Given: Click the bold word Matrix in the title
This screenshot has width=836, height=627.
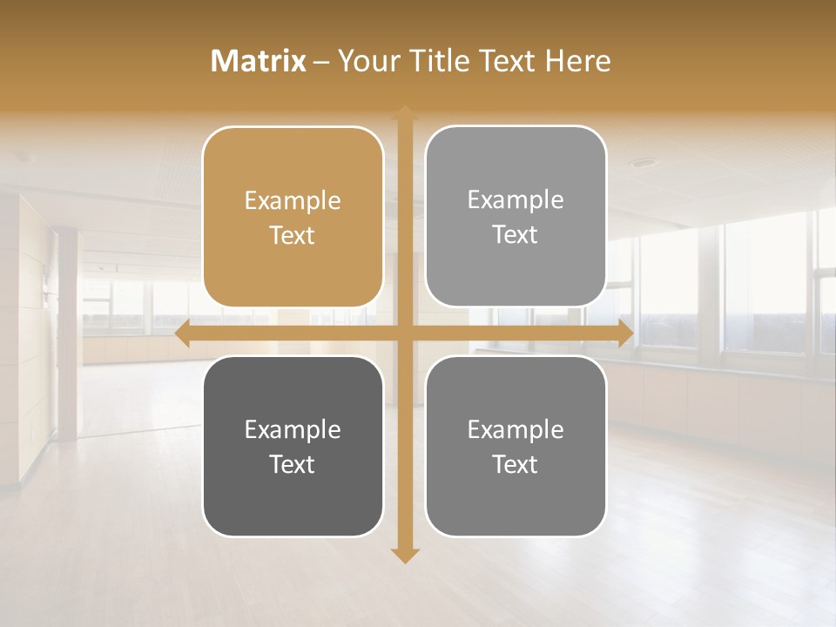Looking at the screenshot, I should (259, 61).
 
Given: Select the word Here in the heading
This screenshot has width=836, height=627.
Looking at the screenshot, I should (578, 61).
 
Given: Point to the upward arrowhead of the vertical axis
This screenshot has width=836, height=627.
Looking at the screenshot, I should (405, 112).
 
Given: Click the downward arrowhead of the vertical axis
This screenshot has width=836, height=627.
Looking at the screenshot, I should (405, 555).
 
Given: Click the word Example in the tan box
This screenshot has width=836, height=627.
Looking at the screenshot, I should (293, 201).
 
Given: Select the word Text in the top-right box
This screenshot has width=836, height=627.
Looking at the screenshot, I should (516, 235).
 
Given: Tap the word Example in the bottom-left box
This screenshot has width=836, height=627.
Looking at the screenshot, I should (293, 430).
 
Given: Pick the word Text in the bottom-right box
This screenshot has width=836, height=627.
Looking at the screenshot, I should (516, 465).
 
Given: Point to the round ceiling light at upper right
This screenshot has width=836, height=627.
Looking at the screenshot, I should (643, 163).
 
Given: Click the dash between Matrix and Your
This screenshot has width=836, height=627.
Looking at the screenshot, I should (321, 62).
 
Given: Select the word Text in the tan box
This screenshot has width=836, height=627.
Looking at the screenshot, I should (293, 236).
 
